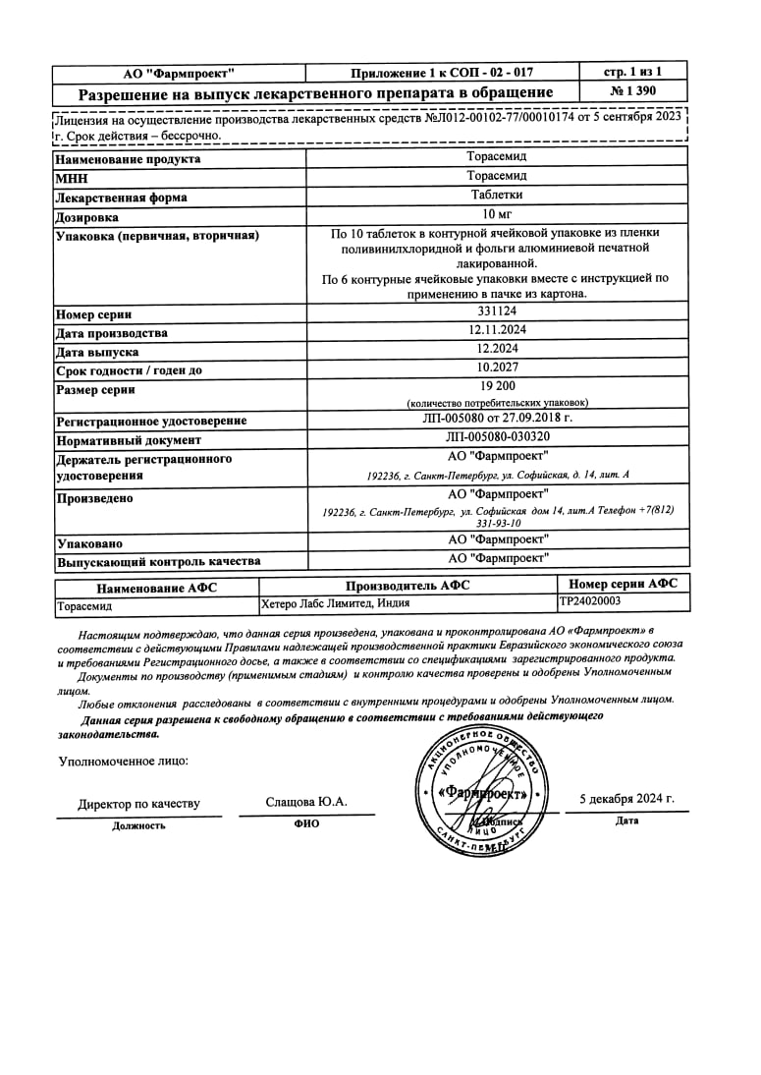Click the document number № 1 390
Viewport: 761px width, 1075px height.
tap(633, 91)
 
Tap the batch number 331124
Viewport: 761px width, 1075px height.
tap(497, 311)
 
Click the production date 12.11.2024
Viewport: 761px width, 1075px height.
tap(497, 331)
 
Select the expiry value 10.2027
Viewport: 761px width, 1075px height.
tap(497, 368)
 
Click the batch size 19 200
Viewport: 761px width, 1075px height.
tap(497, 386)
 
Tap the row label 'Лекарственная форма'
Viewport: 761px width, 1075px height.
tap(122, 198)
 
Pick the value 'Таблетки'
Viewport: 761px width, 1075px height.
tap(497, 195)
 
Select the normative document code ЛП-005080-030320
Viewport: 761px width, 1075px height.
tap(497, 438)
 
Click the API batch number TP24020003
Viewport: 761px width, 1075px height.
tap(590, 601)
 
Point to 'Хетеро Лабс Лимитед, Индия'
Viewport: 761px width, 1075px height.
tap(336, 603)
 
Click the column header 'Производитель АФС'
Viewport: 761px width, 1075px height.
tap(407, 585)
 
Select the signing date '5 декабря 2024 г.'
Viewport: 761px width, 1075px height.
tap(626, 799)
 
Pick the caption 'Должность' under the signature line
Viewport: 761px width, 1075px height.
tap(138, 825)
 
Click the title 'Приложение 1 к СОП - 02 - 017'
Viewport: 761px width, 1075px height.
tap(442, 73)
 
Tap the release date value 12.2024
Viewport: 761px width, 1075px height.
tap(497, 349)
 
